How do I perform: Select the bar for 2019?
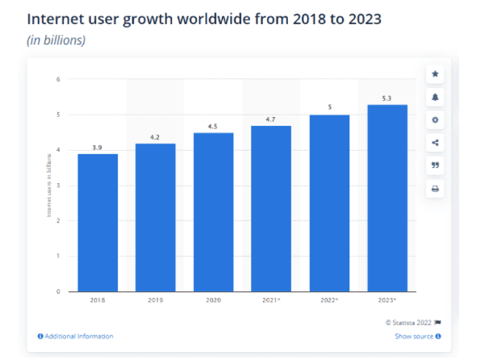(x=155, y=217)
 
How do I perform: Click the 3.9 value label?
(x=98, y=148)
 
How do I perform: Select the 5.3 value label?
(x=387, y=98)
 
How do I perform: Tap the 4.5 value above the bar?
(x=213, y=127)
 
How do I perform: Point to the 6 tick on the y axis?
(x=59, y=79)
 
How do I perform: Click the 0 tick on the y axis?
(x=59, y=291)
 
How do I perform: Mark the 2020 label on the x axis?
(x=213, y=301)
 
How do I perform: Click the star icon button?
(x=436, y=74)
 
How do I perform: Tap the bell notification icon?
(x=436, y=97)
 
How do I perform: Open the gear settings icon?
(x=436, y=120)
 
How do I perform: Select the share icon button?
(x=436, y=143)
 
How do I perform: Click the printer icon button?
(x=436, y=189)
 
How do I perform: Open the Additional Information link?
(x=76, y=336)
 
